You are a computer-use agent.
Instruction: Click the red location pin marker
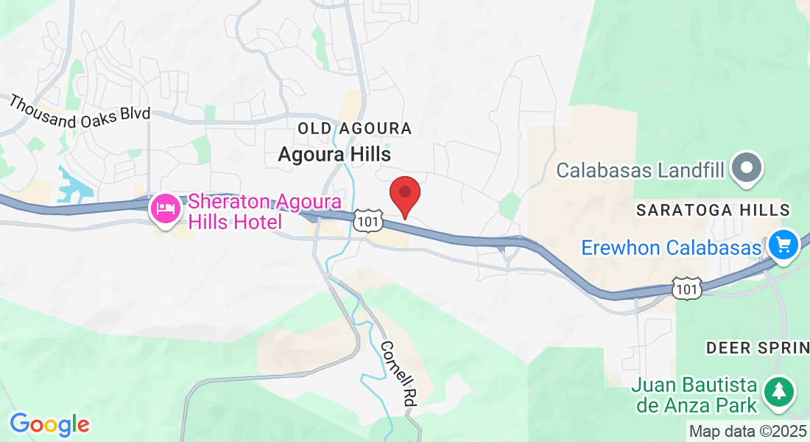pyautogui.click(x=404, y=193)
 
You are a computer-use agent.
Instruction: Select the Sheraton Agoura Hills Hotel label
pyautogui.click(x=265, y=211)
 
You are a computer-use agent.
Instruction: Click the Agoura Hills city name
pyautogui.click(x=334, y=154)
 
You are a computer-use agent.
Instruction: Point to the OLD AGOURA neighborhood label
pyautogui.click(x=354, y=129)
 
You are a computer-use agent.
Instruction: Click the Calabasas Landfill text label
pyautogui.click(x=640, y=170)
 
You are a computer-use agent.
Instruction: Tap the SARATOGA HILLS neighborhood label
pyautogui.click(x=713, y=210)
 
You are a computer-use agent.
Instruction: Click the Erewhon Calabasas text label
pyautogui.click(x=670, y=247)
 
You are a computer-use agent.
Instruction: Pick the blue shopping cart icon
pyautogui.click(x=783, y=244)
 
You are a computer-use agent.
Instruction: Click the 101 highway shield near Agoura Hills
pyautogui.click(x=365, y=220)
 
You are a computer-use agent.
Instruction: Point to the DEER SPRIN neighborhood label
pyautogui.click(x=757, y=347)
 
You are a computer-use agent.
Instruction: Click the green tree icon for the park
pyautogui.click(x=778, y=390)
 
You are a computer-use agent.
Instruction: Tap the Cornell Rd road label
pyautogui.click(x=398, y=374)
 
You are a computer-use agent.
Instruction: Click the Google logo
pyautogui.click(x=49, y=424)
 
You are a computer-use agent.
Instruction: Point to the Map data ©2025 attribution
pyautogui.click(x=748, y=431)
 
